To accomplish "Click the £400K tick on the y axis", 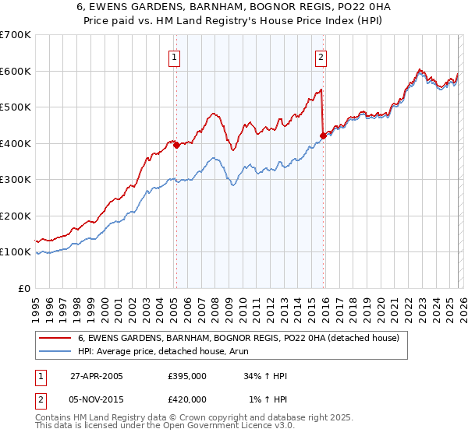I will (x=16, y=143).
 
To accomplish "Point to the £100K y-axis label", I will (x=16, y=252).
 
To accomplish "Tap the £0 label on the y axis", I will (x=25, y=288).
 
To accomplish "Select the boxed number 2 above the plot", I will (x=321, y=56).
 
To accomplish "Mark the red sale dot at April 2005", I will (x=177, y=145).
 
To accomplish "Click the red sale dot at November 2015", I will (x=322, y=136).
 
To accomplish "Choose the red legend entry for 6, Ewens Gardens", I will (x=239, y=338).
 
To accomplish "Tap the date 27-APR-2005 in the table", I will (x=97, y=376).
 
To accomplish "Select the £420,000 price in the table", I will (x=187, y=399).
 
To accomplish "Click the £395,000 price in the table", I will (x=187, y=376).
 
